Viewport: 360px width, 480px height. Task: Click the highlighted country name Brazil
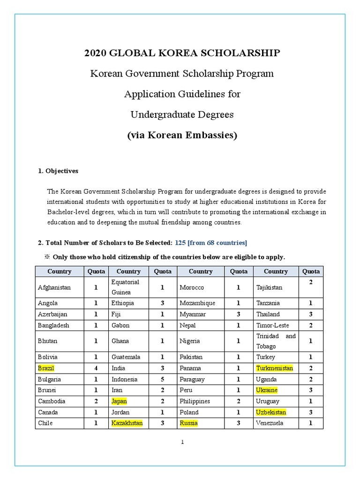pos(46,368)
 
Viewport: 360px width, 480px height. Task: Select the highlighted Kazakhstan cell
pos(127,423)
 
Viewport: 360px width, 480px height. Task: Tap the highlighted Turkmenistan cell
pos(274,368)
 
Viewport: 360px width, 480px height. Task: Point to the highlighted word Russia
pos(188,423)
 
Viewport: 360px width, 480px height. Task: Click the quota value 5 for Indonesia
pos(162,379)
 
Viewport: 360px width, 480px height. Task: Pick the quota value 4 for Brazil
pos(96,368)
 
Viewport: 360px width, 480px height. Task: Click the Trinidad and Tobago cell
pos(276,341)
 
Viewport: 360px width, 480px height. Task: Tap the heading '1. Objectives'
pos(58,171)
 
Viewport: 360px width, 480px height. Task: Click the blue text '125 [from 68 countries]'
pos(211,242)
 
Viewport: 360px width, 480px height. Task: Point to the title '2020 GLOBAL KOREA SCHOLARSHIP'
pos(182,53)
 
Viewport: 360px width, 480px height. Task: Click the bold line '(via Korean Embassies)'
pos(182,135)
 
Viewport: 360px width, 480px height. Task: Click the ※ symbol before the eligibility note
pos(47,257)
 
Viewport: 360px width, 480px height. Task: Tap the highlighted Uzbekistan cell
pos(271,412)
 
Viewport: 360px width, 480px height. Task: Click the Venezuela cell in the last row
pos(270,423)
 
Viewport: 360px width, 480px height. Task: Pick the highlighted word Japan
pos(119,401)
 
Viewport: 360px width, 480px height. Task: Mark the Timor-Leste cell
pos(272,325)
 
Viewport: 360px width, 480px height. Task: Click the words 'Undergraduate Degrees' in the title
pos(182,114)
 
